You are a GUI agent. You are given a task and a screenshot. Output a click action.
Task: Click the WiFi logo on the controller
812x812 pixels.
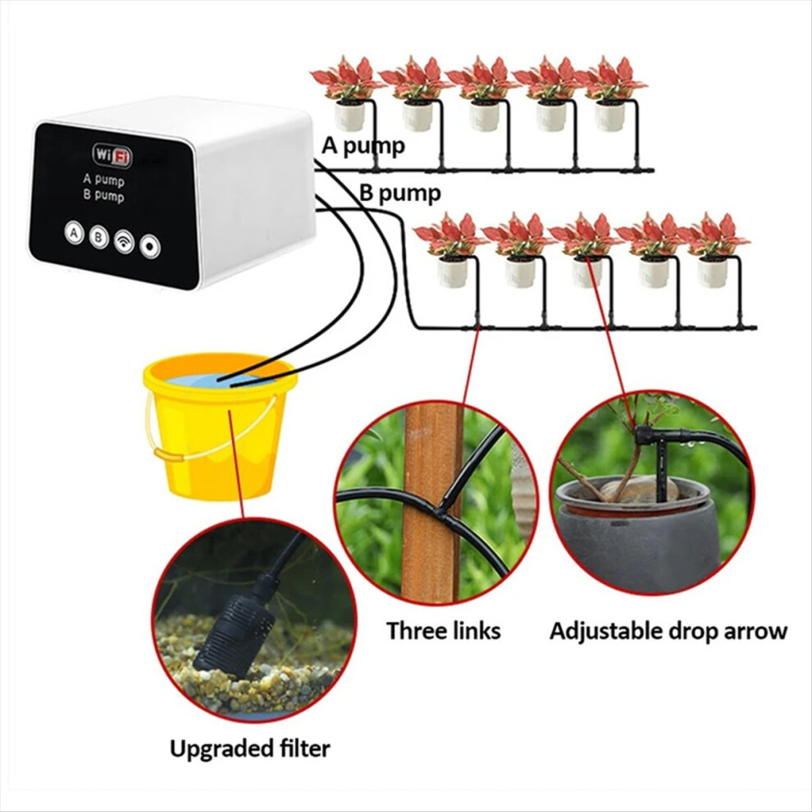[112, 155]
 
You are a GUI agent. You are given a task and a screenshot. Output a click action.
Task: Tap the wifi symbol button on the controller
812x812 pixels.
[125, 241]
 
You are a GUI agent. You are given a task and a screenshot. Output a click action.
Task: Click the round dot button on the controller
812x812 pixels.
[149, 246]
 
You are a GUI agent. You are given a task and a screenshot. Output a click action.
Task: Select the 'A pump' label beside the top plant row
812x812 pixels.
[363, 146]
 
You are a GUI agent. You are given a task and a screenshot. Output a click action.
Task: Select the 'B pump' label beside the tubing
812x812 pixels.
[400, 194]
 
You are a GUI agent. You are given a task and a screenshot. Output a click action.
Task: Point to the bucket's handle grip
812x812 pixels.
[169, 455]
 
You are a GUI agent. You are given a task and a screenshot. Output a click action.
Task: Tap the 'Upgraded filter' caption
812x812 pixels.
[249, 749]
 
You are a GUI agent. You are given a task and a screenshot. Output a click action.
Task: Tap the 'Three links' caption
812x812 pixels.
[443, 631]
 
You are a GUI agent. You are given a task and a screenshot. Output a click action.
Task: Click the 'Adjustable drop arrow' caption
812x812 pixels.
[668, 632]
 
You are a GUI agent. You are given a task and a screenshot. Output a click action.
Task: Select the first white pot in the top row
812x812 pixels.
[349, 116]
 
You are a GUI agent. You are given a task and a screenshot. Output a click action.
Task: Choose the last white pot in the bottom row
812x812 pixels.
[712, 271]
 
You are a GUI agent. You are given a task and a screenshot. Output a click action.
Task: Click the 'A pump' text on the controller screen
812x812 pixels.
[103, 180]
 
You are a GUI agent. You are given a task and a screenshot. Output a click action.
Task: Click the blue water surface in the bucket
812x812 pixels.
[220, 380]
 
